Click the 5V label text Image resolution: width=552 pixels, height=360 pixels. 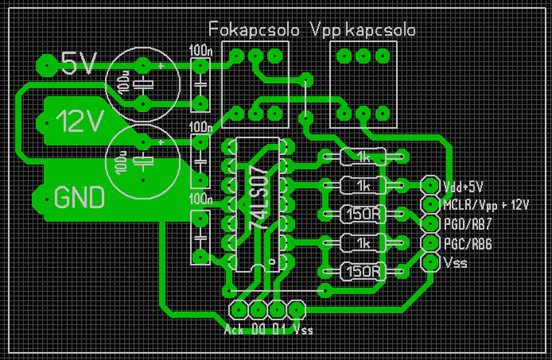78,63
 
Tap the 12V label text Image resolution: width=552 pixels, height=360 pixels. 80,121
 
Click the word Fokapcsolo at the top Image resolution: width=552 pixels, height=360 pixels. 254,30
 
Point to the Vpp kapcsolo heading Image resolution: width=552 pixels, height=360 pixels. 363,30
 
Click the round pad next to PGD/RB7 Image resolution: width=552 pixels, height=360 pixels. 430,224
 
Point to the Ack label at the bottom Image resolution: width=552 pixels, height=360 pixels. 233,330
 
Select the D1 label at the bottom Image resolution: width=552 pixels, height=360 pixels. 279,330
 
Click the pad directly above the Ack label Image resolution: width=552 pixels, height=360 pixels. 238,309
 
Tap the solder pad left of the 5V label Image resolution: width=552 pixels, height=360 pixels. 44,65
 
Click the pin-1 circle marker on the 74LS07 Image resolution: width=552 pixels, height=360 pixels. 272,261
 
